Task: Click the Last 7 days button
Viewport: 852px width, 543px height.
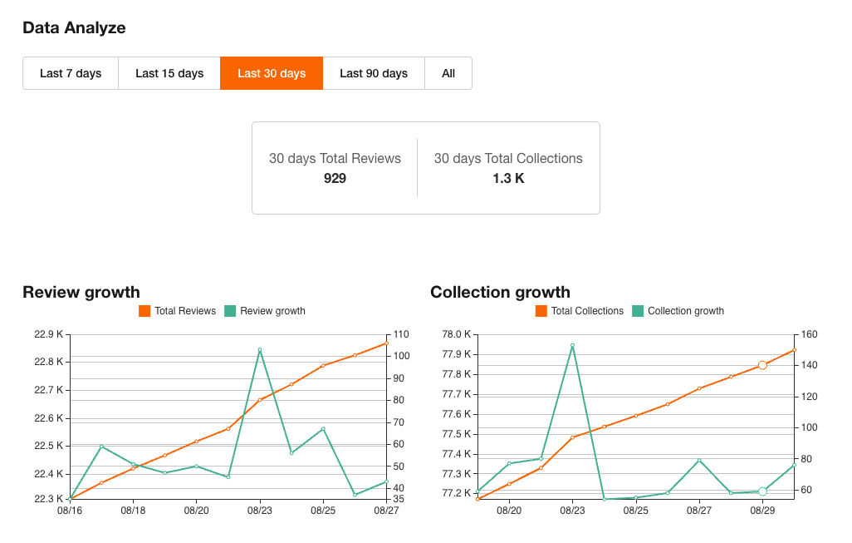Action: point(71,73)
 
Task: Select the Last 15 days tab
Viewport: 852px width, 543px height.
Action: point(169,73)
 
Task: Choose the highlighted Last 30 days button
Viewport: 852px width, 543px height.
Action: point(272,73)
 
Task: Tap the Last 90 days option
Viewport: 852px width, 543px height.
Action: point(374,73)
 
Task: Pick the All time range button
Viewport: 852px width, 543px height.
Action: point(448,73)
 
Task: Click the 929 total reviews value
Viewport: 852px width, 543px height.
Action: point(335,178)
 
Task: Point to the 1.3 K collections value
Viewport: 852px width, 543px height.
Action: point(508,178)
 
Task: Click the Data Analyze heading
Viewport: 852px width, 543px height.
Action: point(74,27)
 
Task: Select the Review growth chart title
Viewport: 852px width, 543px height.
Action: point(81,292)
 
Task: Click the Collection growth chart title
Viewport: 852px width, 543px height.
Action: point(500,292)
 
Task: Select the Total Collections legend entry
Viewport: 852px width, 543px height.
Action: point(580,311)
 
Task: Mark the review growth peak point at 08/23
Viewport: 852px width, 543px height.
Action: point(260,350)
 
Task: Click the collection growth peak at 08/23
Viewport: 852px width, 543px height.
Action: point(572,345)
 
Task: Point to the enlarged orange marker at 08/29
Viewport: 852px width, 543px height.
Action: point(762,365)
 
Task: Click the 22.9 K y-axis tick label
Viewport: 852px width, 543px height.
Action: point(48,334)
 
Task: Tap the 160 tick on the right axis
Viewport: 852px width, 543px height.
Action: point(810,334)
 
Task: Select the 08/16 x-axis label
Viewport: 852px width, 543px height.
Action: point(70,511)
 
